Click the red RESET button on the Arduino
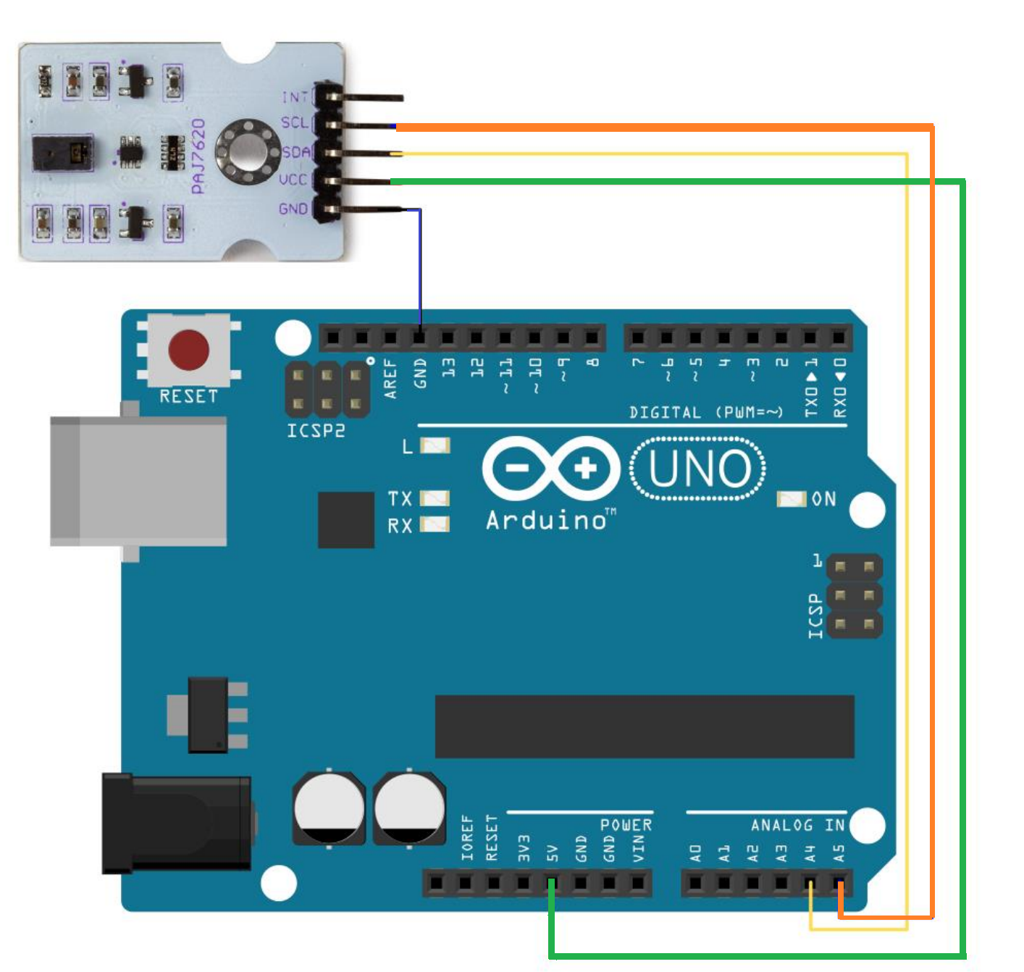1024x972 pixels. click(188, 350)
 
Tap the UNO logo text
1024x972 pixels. click(699, 469)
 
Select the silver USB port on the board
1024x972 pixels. click(138, 481)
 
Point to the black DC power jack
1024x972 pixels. click(177, 824)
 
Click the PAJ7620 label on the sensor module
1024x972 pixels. click(198, 156)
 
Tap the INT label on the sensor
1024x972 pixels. click(295, 97)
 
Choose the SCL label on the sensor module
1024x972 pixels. click(295, 123)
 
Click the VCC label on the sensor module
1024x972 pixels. click(293, 179)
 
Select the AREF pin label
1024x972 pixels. click(391, 378)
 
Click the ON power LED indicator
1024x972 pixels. click(792, 499)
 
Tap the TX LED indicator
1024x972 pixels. click(435, 498)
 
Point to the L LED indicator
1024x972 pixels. click(435, 445)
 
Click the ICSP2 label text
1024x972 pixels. click(316, 431)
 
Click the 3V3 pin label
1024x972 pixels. click(524, 848)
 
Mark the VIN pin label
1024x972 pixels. click(638, 848)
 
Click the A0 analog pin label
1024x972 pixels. click(695, 853)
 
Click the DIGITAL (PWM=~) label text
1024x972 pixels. click(706, 413)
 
